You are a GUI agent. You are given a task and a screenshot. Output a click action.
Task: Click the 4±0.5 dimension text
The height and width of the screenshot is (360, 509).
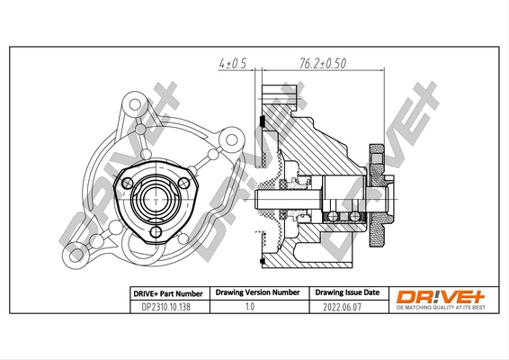231,64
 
